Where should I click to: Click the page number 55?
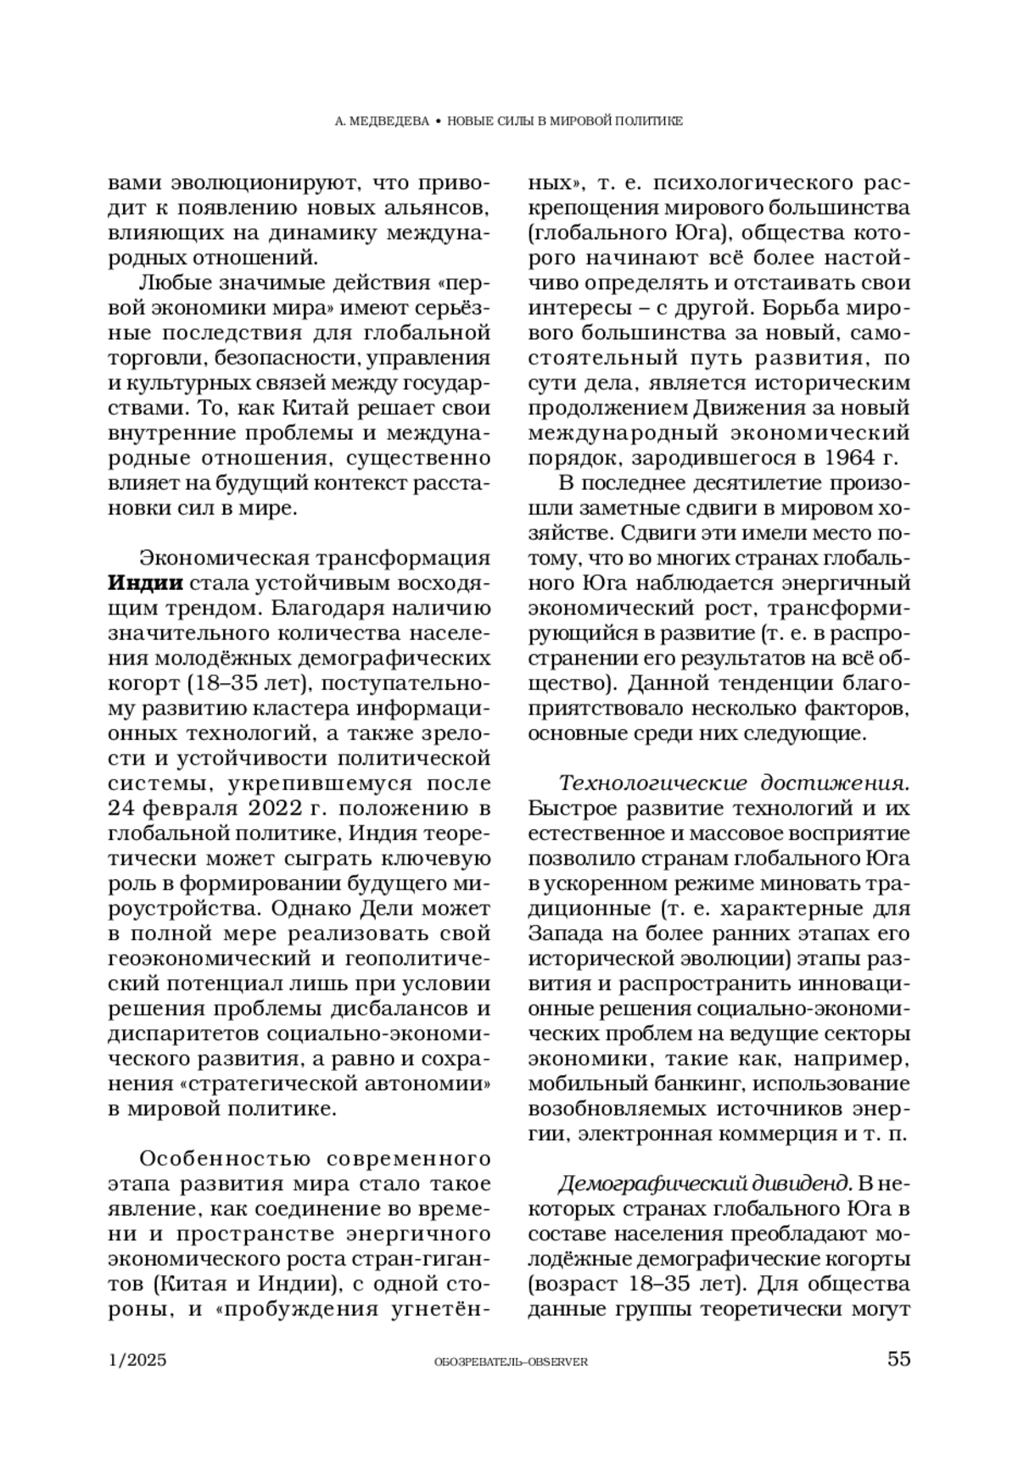point(898,1359)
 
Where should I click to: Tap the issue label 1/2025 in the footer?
point(137,1360)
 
